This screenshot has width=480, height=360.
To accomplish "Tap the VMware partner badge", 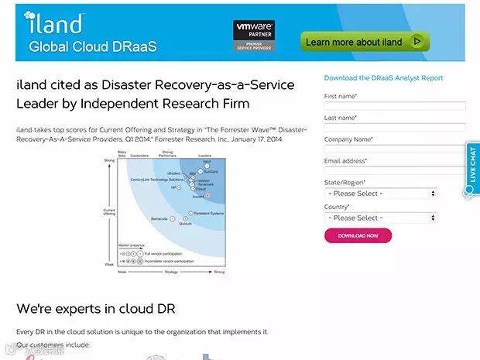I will pos(254,36).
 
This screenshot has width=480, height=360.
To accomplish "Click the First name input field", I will pos(395,106).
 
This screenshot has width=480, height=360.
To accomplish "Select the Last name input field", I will pos(395,127).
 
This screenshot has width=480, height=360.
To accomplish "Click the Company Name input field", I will pos(395,149).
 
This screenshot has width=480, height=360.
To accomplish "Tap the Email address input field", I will pos(395,170).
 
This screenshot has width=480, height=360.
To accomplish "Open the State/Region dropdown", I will pos(381,194).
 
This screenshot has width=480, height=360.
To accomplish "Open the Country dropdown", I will pos(381,218).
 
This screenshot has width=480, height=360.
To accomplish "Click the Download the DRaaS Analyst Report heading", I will pos(383,78).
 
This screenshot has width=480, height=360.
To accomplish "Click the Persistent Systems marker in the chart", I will pos(191,213).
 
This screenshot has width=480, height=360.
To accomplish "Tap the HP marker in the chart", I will pos(180,187).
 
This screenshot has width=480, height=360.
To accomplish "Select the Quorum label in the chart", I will pos(185,224).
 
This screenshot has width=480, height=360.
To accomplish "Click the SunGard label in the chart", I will pos(211,171).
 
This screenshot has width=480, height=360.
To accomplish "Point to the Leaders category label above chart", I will pos(205,156).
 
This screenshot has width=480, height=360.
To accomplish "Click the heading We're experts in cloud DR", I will pos(96,309).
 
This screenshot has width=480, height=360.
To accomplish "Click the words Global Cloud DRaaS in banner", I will pos(93,46).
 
